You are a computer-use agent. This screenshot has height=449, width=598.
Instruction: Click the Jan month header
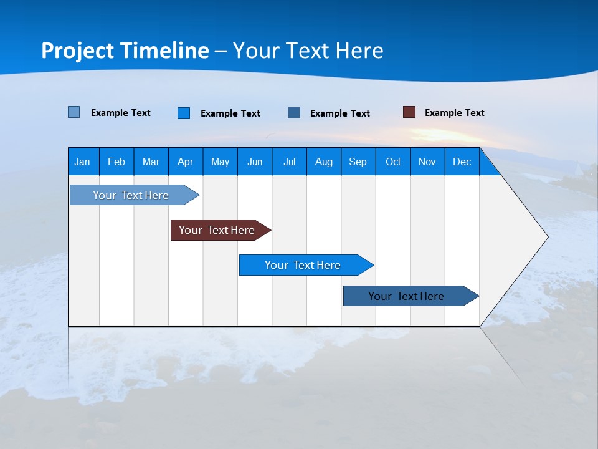(x=82, y=162)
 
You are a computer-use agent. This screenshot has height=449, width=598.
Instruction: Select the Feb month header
(x=116, y=162)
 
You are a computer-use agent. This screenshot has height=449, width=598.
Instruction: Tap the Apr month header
(x=185, y=162)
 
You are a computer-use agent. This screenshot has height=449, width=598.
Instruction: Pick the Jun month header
(x=255, y=162)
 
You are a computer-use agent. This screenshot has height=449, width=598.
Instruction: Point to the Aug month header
(x=323, y=162)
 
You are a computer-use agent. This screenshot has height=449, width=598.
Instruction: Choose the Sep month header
(x=358, y=162)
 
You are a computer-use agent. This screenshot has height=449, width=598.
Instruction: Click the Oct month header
(x=393, y=162)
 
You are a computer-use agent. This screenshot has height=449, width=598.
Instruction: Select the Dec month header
(x=462, y=162)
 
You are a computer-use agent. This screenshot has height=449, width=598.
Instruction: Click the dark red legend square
(x=409, y=112)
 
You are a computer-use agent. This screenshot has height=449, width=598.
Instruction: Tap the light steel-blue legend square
(x=74, y=112)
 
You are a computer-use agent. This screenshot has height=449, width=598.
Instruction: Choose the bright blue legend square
(x=184, y=113)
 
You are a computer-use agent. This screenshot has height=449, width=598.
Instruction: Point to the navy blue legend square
(x=294, y=112)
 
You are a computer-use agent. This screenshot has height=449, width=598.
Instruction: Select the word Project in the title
(x=77, y=51)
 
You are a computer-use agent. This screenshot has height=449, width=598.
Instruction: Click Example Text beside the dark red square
(x=454, y=113)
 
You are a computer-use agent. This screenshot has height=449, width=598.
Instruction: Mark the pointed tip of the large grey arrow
(x=547, y=237)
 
